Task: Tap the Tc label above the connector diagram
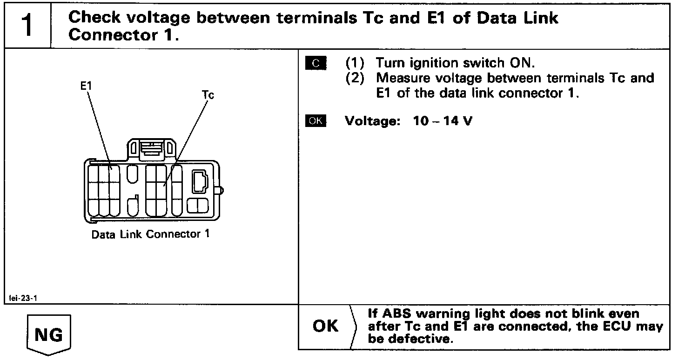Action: [208, 95]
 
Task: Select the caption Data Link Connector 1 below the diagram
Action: [150, 234]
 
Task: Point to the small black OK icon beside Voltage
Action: [316, 121]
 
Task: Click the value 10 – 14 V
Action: [442, 121]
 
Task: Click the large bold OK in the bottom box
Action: [326, 326]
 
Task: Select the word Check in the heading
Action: [94, 18]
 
